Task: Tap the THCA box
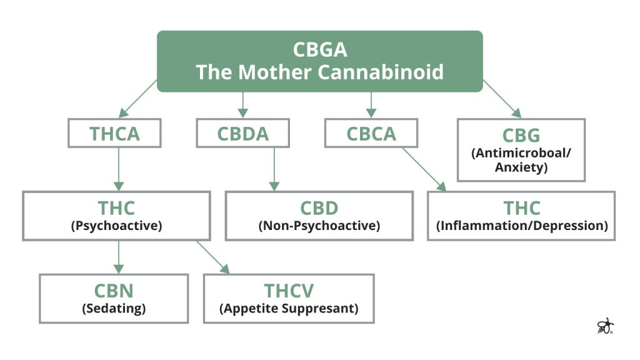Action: click(x=114, y=133)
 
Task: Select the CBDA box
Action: click(x=243, y=133)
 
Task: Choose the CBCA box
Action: click(x=371, y=133)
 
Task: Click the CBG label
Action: click(x=521, y=136)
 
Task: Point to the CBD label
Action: click(x=319, y=207)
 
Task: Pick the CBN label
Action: click(x=114, y=291)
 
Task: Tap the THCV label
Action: click(x=289, y=291)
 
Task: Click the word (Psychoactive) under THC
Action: click(x=116, y=226)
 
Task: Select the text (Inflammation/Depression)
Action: click(x=521, y=226)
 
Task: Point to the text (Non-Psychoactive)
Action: click(x=319, y=226)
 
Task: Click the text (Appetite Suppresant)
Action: click(x=289, y=308)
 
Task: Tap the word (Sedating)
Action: click(x=114, y=308)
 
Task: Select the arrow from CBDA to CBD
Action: click(x=273, y=169)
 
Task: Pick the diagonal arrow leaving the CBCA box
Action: click(x=424, y=169)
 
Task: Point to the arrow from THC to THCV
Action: click(x=213, y=257)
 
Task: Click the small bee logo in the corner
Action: click(x=605, y=326)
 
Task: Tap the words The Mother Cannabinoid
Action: click(x=319, y=71)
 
